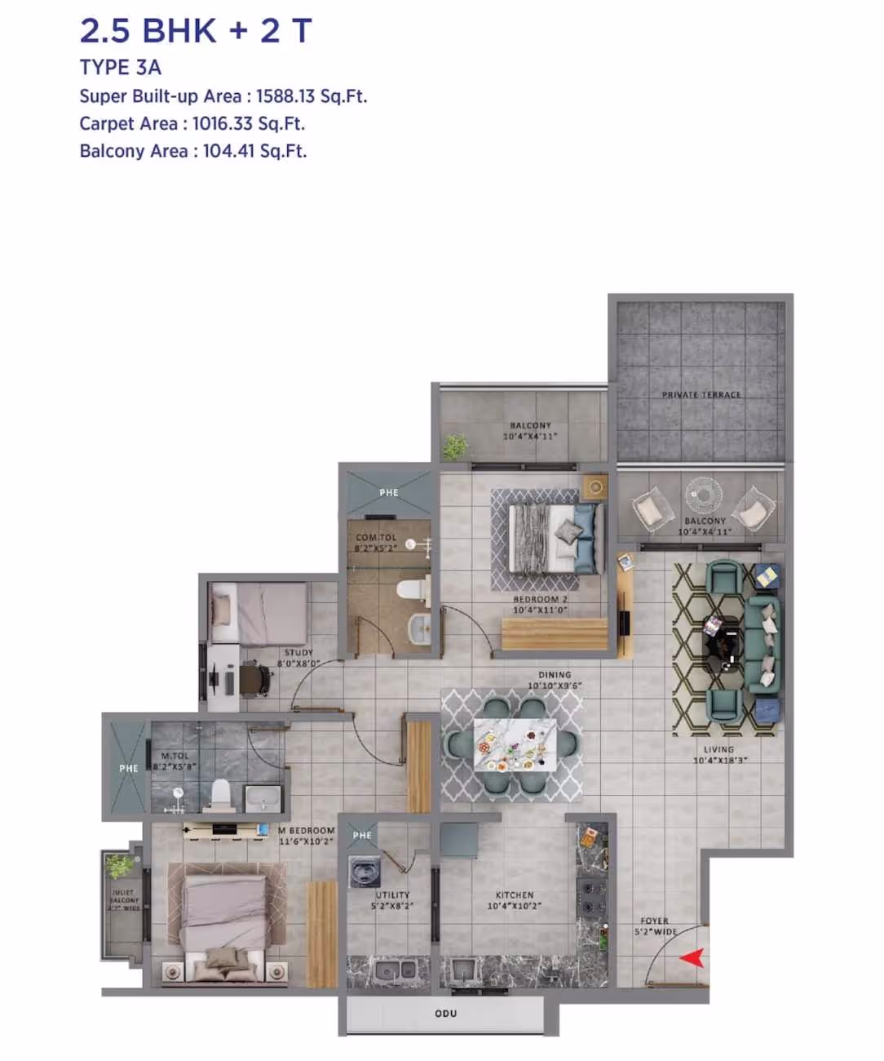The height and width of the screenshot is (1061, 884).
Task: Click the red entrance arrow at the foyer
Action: (x=692, y=957)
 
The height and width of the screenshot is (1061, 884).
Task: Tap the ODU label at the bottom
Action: (x=445, y=1014)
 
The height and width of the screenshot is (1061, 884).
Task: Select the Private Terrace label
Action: (x=701, y=395)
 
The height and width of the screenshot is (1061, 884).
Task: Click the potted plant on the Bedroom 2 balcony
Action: (x=455, y=446)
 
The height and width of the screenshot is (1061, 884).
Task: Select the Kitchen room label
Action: (x=515, y=895)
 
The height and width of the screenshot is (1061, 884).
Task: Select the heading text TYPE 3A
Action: (x=121, y=68)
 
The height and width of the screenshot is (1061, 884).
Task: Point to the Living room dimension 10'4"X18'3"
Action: (x=719, y=761)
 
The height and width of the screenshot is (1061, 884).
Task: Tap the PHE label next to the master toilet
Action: (x=129, y=768)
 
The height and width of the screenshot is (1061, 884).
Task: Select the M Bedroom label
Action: (x=307, y=831)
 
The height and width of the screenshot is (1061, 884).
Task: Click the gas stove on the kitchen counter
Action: (x=590, y=895)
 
